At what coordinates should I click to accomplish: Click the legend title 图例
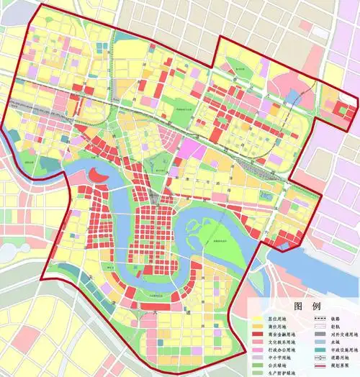tap(297, 305)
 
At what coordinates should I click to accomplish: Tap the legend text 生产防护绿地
tap(280, 374)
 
